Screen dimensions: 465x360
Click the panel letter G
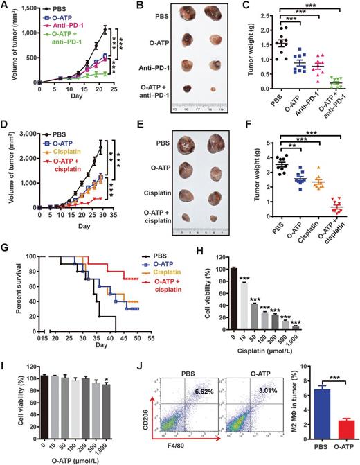pyautogui.click(x=6, y=241)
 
